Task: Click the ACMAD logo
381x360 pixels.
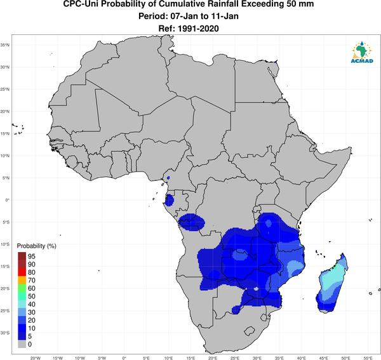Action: point(362,52)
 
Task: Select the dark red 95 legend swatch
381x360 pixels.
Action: point(22,256)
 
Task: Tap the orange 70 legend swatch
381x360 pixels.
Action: point(22,280)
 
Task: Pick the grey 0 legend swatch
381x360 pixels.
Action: point(22,344)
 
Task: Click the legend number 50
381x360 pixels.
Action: point(32,296)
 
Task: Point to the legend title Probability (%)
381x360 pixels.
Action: point(36,246)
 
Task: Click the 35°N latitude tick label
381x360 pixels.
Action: point(5,45)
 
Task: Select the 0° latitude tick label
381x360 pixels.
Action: point(8,200)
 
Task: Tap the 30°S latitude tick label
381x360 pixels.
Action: point(5,333)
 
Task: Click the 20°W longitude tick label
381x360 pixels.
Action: point(36,358)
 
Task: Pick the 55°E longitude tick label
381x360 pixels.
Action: point(368,358)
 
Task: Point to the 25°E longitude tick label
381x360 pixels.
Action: point(235,358)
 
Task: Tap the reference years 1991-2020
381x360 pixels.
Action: point(198,29)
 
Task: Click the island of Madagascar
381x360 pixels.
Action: point(332,283)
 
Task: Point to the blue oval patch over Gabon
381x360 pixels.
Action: point(169,201)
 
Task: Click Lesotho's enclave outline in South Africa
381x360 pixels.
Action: point(250,331)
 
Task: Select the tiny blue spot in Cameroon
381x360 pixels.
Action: point(168,178)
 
